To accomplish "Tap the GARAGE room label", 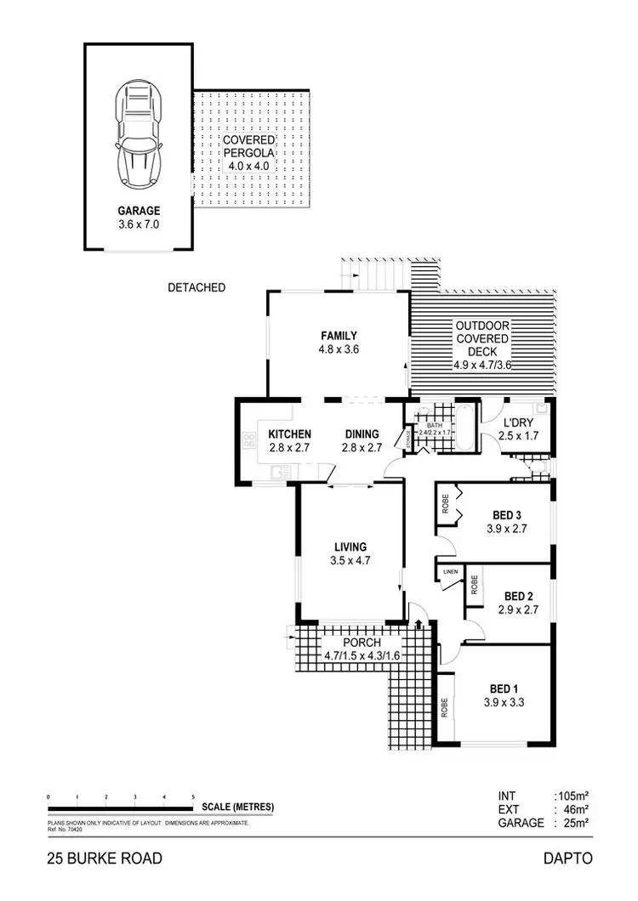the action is click(140, 211).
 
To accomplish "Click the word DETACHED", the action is click(197, 287).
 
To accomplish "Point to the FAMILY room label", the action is click(339, 335).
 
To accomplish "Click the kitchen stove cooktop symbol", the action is click(251, 440).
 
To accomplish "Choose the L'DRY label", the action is click(518, 423).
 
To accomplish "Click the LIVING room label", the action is click(350, 547).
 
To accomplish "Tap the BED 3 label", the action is click(506, 514).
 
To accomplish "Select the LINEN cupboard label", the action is click(450, 572).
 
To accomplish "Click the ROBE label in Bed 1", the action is click(445, 708).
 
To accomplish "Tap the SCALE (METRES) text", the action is click(237, 807).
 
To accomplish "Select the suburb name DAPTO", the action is click(567, 858).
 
